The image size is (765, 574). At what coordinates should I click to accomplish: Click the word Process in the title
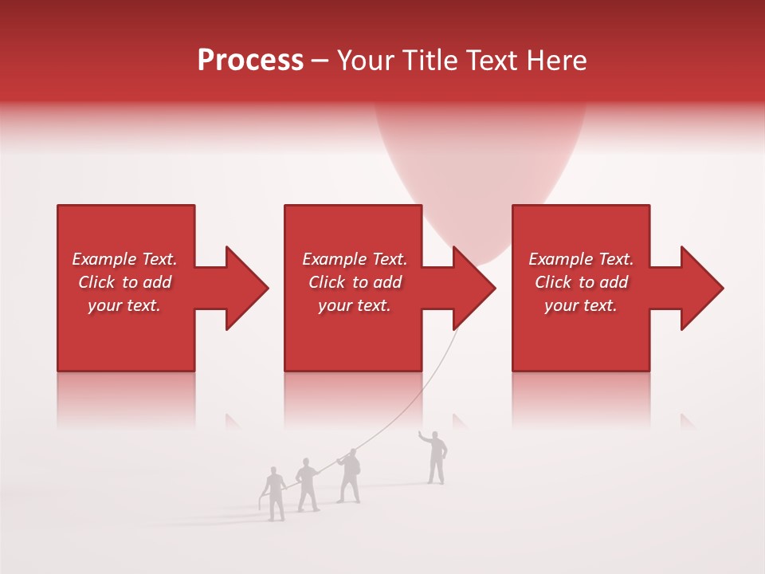(250, 61)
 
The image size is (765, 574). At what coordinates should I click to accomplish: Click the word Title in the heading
(428, 61)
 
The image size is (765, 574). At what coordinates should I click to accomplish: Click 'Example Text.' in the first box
(124, 259)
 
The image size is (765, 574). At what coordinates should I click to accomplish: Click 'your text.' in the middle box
(354, 305)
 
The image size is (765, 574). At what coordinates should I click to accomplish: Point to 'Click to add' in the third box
(581, 282)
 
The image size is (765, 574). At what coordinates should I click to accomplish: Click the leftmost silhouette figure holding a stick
(275, 494)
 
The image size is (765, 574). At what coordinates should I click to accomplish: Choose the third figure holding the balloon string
(348, 477)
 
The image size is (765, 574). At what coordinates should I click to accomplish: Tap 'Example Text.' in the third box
(581, 259)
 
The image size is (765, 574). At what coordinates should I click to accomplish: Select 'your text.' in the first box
(124, 305)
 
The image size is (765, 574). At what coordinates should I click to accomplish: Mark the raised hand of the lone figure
(422, 435)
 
